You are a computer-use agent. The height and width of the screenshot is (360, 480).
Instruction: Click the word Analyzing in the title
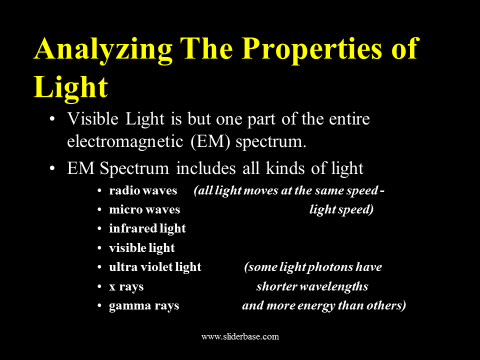tap(103, 49)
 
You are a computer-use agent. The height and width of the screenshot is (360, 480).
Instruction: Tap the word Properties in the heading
tap(312, 49)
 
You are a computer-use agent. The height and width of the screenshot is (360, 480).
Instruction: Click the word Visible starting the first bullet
tap(93, 118)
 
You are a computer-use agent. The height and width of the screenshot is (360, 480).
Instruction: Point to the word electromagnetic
tap(125, 141)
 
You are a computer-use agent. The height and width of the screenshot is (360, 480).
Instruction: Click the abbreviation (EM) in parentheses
tap(210, 142)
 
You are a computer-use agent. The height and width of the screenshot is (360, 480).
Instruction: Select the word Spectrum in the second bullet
tap(134, 169)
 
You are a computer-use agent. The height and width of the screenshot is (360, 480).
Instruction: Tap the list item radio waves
tap(143, 190)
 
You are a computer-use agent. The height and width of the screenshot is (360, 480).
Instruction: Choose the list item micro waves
tap(144, 209)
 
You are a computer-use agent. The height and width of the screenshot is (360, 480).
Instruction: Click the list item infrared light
tap(147, 229)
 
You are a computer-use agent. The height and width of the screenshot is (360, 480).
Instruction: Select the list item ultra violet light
tap(155, 267)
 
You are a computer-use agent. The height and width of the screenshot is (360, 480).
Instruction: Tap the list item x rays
tap(126, 287)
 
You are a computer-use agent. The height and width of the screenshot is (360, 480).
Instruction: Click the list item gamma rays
tap(144, 306)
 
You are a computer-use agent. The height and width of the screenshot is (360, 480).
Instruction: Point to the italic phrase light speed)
tap(341, 210)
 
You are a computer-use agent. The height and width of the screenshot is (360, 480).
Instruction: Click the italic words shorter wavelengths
tap(312, 286)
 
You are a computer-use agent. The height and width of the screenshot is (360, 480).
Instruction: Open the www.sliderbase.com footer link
tap(240, 336)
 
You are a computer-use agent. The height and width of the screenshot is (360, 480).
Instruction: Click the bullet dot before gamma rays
tap(99, 305)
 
